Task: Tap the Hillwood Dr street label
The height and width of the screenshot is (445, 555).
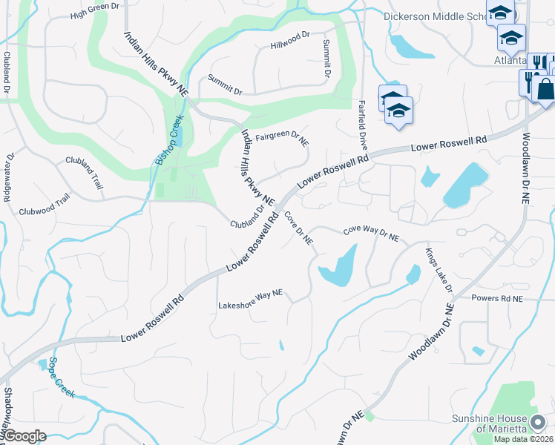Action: point(290,36)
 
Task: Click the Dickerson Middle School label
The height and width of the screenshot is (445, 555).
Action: point(435,16)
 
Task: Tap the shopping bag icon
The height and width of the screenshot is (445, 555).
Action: point(545,89)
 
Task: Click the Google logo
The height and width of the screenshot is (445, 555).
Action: point(24,436)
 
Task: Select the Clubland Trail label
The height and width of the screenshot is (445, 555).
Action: point(84,170)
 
